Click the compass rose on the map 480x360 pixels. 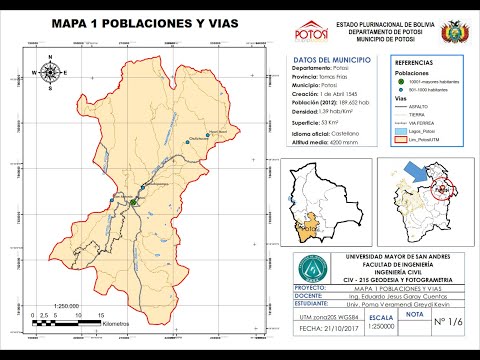(50, 71)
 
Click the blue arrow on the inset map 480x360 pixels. (413, 174)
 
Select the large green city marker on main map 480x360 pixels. (131, 202)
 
